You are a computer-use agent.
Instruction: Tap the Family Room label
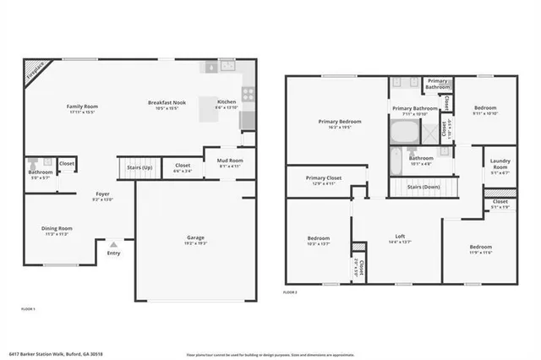click(x=83, y=106)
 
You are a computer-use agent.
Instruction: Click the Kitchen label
click(x=227, y=103)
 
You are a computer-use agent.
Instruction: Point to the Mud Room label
click(x=230, y=162)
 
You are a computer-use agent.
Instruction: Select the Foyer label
click(x=101, y=195)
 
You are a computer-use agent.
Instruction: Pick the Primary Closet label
click(x=323, y=178)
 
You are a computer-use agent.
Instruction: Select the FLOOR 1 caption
click(x=28, y=309)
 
